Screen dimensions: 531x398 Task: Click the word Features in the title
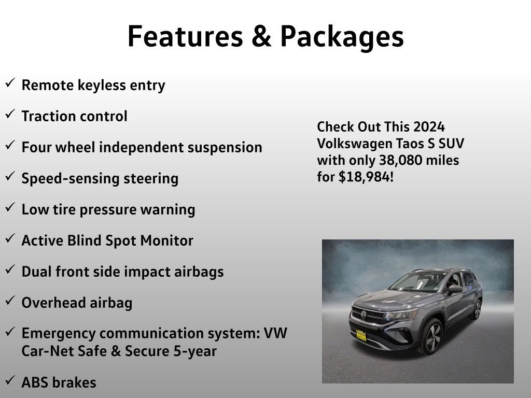[x=185, y=36]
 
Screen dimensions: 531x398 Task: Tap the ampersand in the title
[x=261, y=36]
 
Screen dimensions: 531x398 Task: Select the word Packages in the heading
[x=342, y=38]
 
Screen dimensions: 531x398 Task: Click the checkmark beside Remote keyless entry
[x=10, y=82]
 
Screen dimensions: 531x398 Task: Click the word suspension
[x=225, y=148]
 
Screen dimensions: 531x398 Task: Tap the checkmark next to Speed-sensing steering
[x=10, y=176]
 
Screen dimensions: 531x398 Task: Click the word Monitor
[x=166, y=240]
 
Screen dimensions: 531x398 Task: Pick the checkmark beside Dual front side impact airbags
[x=10, y=269]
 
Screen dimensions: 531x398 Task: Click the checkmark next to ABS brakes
[x=10, y=380]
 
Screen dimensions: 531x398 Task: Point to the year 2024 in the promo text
[x=429, y=127]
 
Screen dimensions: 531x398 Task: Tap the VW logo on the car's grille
[x=364, y=315]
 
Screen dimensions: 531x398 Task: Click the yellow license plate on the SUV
[x=361, y=335]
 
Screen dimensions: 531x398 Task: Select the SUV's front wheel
[x=431, y=336]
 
